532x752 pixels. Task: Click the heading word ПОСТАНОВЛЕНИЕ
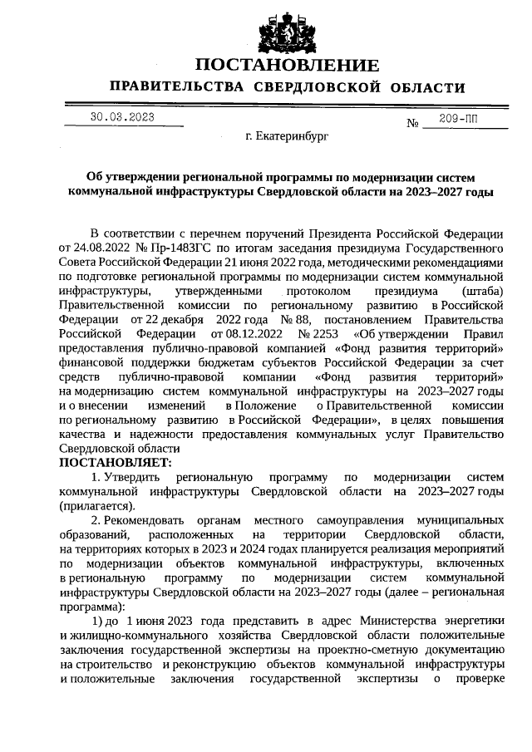287,66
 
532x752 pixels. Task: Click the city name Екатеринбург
287,135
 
